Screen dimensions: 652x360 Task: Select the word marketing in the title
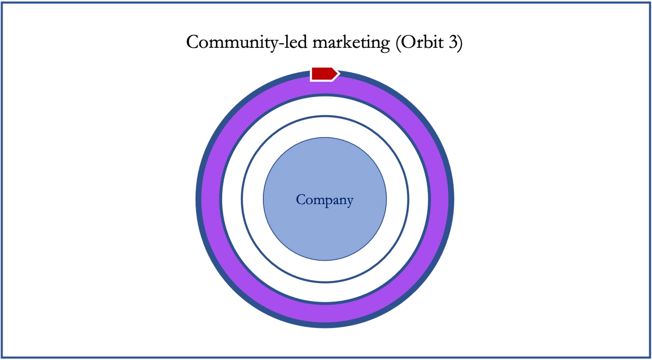351,43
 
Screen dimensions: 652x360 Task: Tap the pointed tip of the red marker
339,73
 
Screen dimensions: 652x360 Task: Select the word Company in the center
325,200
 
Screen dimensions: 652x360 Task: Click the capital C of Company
301,200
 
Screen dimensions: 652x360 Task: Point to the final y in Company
349,202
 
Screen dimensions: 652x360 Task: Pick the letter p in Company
331,202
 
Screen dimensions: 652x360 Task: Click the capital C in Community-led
193,42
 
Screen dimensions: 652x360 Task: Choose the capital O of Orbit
408,42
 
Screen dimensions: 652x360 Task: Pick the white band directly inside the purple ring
232,200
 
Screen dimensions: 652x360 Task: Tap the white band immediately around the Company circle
253,200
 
